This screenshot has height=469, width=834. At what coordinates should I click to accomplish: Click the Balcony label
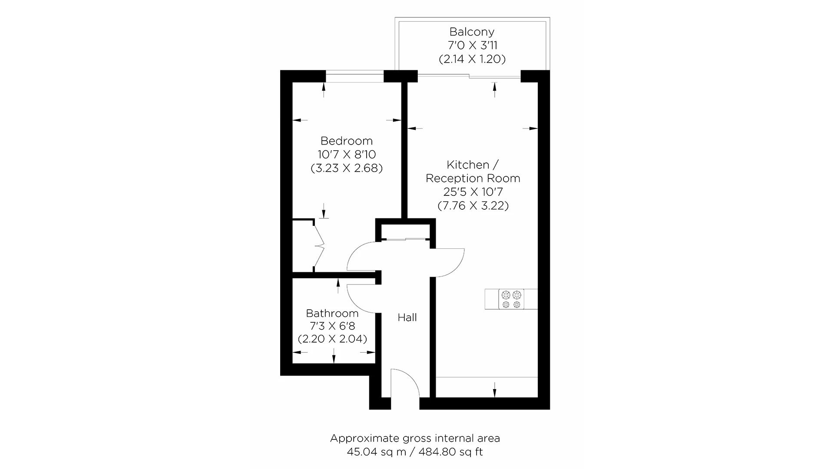point(472,32)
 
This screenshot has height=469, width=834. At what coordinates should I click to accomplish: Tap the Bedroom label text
point(346,141)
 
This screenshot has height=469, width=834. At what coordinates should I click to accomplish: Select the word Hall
point(407,317)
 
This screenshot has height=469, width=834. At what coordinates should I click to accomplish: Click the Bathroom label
point(332,313)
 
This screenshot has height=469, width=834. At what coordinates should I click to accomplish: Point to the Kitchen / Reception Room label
point(473,172)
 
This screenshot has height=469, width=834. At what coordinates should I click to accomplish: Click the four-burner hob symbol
point(511,299)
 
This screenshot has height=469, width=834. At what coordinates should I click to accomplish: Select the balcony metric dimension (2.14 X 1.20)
point(472,59)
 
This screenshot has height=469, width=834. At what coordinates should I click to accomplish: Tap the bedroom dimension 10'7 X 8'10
point(346,154)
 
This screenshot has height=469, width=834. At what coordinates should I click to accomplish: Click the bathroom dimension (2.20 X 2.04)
point(332,339)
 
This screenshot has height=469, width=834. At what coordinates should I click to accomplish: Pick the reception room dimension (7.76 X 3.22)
point(473,205)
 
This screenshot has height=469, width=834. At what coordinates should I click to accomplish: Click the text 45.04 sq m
point(377,452)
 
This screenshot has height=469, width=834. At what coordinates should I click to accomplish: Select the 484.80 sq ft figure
point(451,452)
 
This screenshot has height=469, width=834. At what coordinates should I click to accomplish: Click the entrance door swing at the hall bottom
point(405,382)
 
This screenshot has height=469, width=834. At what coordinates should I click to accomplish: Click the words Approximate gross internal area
point(415,438)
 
